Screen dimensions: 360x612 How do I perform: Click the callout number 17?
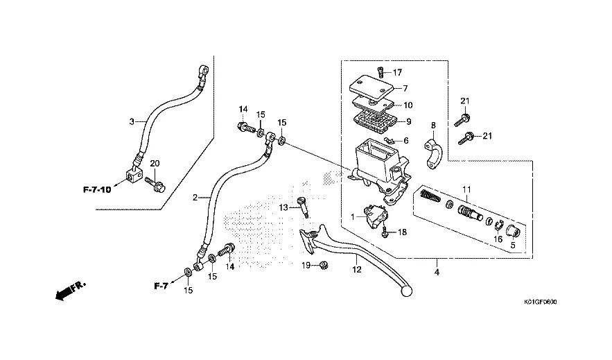(398, 72)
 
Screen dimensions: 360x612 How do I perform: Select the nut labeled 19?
(323, 265)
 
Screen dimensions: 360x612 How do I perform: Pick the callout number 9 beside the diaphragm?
(408, 121)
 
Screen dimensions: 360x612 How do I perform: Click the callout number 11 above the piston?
(466, 189)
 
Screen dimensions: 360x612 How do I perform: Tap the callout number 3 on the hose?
(131, 121)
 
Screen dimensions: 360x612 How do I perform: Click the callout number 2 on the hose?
(195, 198)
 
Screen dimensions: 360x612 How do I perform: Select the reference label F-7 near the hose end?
(161, 286)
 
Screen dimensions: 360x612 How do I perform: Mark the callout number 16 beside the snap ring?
(497, 239)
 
